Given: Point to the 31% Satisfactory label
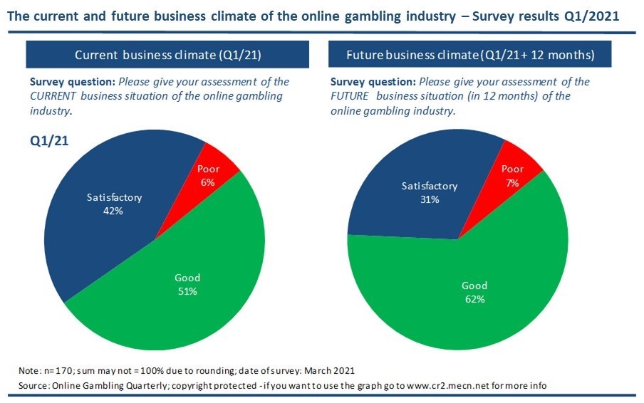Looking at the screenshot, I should [x=429, y=193].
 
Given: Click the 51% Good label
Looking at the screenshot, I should [x=187, y=284].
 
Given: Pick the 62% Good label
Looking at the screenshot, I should [x=474, y=292].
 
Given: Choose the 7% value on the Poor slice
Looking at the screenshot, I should [x=513, y=182].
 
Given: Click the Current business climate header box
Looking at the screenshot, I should [x=168, y=55].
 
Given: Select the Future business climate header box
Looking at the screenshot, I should [x=470, y=55].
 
